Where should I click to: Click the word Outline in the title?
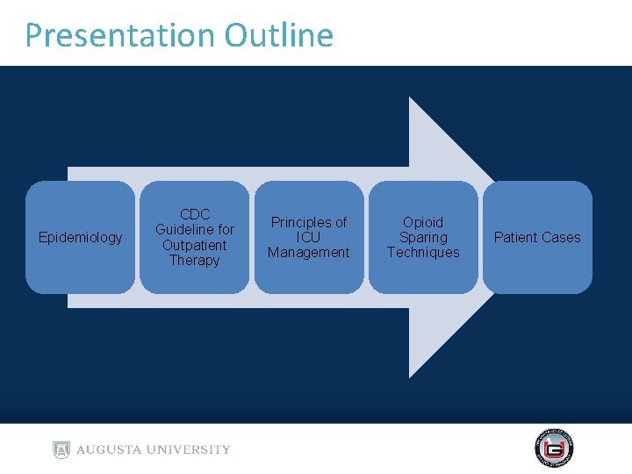pos(278,36)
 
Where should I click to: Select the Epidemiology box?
pos(81,238)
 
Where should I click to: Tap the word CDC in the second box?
pos(194,215)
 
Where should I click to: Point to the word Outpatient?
pos(194,245)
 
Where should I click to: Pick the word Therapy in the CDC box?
pos(194,260)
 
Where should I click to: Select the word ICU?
pos(308,238)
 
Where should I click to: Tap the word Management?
pos(308,253)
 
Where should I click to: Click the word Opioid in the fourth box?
pos(423,223)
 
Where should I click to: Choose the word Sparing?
pos(423,238)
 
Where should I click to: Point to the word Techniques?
pos(423,253)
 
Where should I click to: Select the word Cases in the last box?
pos(562,238)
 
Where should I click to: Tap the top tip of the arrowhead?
pos(411,98)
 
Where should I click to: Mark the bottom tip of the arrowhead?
pos(411,377)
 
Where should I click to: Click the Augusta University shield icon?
pos(61,449)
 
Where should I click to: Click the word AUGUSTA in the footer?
pos(111,449)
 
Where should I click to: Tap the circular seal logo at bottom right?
pos(554,449)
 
